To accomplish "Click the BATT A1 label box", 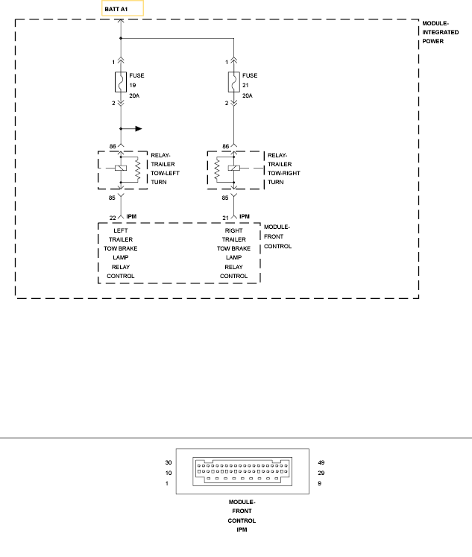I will click(x=123, y=9).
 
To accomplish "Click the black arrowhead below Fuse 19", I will click(x=137, y=128).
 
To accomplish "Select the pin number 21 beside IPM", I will click(x=225, y=217).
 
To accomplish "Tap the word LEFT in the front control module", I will click(x=121, y=231).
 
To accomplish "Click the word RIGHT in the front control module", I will click(x=233, y=231).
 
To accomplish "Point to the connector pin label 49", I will click(x=322, y=462).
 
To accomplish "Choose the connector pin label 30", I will click(x=169, y=462).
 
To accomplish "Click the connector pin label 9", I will click(x=320, y=484).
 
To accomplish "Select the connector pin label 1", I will click(x=167, y=484).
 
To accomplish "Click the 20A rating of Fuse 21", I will click(x=248, y=96).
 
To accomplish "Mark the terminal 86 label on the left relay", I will click(x=112, y=147).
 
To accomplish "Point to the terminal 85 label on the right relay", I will click(x=224, y=198).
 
